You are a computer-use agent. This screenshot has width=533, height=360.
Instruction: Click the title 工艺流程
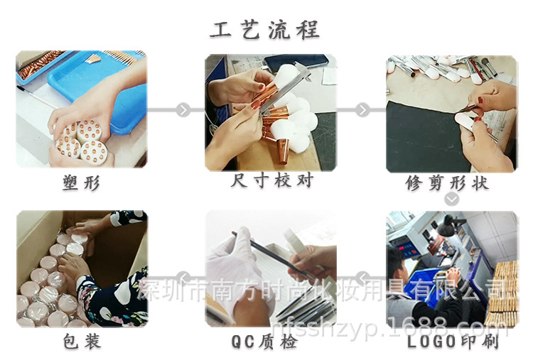265,30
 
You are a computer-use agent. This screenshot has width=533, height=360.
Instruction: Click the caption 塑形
81,183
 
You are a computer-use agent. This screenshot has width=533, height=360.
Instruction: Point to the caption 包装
81,342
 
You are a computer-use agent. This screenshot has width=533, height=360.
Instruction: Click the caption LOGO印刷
453,342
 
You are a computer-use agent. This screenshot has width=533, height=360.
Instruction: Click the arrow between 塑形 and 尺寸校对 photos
183,110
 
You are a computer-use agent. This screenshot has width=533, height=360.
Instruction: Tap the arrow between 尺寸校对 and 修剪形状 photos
362,110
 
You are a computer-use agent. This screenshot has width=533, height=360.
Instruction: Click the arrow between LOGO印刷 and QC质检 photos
362,277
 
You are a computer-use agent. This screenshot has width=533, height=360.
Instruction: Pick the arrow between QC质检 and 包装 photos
183,277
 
